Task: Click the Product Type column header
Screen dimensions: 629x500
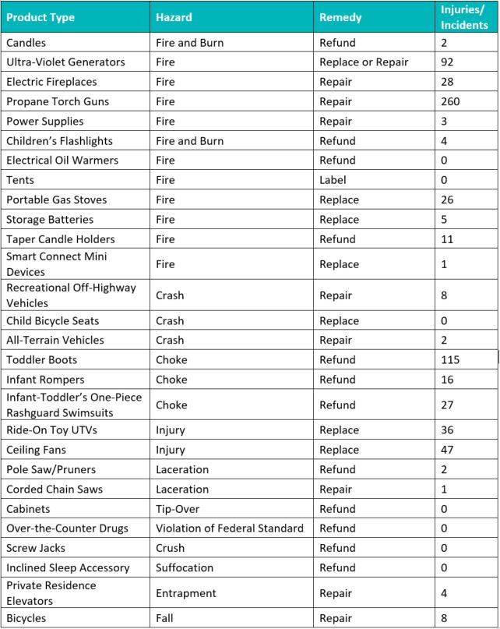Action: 41,17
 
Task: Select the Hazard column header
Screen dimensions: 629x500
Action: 174,17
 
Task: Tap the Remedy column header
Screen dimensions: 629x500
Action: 340,17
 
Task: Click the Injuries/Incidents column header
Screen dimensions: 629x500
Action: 464,17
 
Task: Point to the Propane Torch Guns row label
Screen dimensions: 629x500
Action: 58,101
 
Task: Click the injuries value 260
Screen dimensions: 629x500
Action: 450,101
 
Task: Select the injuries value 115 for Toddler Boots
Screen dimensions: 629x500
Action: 450,360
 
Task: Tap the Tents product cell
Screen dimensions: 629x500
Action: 20,180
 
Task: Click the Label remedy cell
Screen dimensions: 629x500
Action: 333,180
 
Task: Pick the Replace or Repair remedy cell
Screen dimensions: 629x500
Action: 364,62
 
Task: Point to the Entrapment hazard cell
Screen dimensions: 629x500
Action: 186,593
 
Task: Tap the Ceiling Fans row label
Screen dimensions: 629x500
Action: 37,450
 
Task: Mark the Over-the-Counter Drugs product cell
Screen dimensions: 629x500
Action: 68,528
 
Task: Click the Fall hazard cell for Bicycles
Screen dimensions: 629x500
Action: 164,619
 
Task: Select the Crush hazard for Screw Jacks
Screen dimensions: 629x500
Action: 171,548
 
